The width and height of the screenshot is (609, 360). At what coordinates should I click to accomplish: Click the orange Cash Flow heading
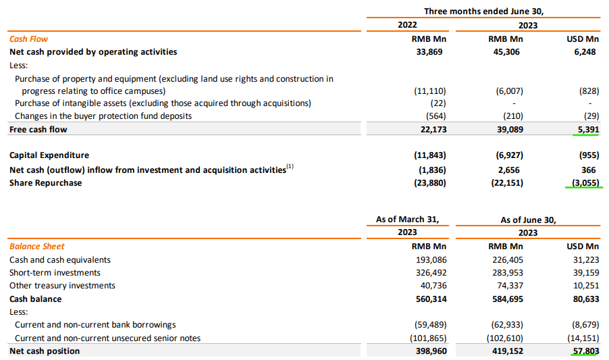(28, 39)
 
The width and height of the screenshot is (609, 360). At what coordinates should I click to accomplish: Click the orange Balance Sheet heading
(36, 247)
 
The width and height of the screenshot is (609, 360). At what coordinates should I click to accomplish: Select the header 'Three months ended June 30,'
(483, 11)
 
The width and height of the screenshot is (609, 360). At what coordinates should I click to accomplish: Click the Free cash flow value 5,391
(584, 129)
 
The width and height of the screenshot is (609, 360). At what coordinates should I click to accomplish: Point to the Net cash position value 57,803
(583, 351)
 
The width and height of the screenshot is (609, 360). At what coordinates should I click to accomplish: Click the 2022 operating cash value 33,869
(429, 52)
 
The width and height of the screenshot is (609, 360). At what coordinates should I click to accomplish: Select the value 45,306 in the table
(504, 52)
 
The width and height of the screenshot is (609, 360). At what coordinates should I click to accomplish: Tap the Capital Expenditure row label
(49, 155)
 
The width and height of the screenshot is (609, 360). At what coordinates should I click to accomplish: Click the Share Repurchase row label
(45, 182)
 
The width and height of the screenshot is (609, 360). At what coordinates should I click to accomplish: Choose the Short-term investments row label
(55, 273)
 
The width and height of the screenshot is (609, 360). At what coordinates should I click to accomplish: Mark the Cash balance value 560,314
(427, 299)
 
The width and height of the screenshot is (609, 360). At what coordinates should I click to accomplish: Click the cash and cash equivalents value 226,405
(502, 260)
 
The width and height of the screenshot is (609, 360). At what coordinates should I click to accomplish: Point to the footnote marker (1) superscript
(290, 166)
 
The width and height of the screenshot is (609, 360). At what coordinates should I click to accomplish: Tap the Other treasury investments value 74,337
(505, 286)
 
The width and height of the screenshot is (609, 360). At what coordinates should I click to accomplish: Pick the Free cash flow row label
(38, 129)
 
